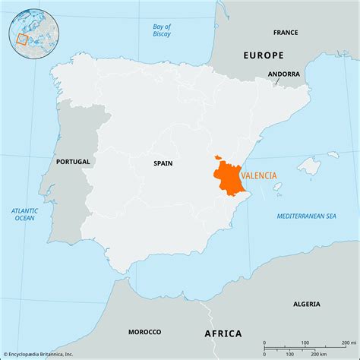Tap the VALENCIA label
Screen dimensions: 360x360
click(x=259, y=175)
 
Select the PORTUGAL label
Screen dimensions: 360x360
click(x=73, y=162)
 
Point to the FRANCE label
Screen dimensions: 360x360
click(x=286, y=33)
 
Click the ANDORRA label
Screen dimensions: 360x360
click(x=283, y=74)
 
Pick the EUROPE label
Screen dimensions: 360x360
click(x=263, y=55)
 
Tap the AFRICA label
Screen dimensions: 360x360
click(x=223, y=333)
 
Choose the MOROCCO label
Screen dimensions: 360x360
click(x=144, y=332)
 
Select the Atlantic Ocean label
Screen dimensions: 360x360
click(x=24, y=214)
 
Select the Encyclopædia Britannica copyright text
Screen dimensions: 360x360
click(x=39, y=354)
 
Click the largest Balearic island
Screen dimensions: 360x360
click(x=308, y=166)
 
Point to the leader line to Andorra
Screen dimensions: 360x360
click(x=276, y=83)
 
